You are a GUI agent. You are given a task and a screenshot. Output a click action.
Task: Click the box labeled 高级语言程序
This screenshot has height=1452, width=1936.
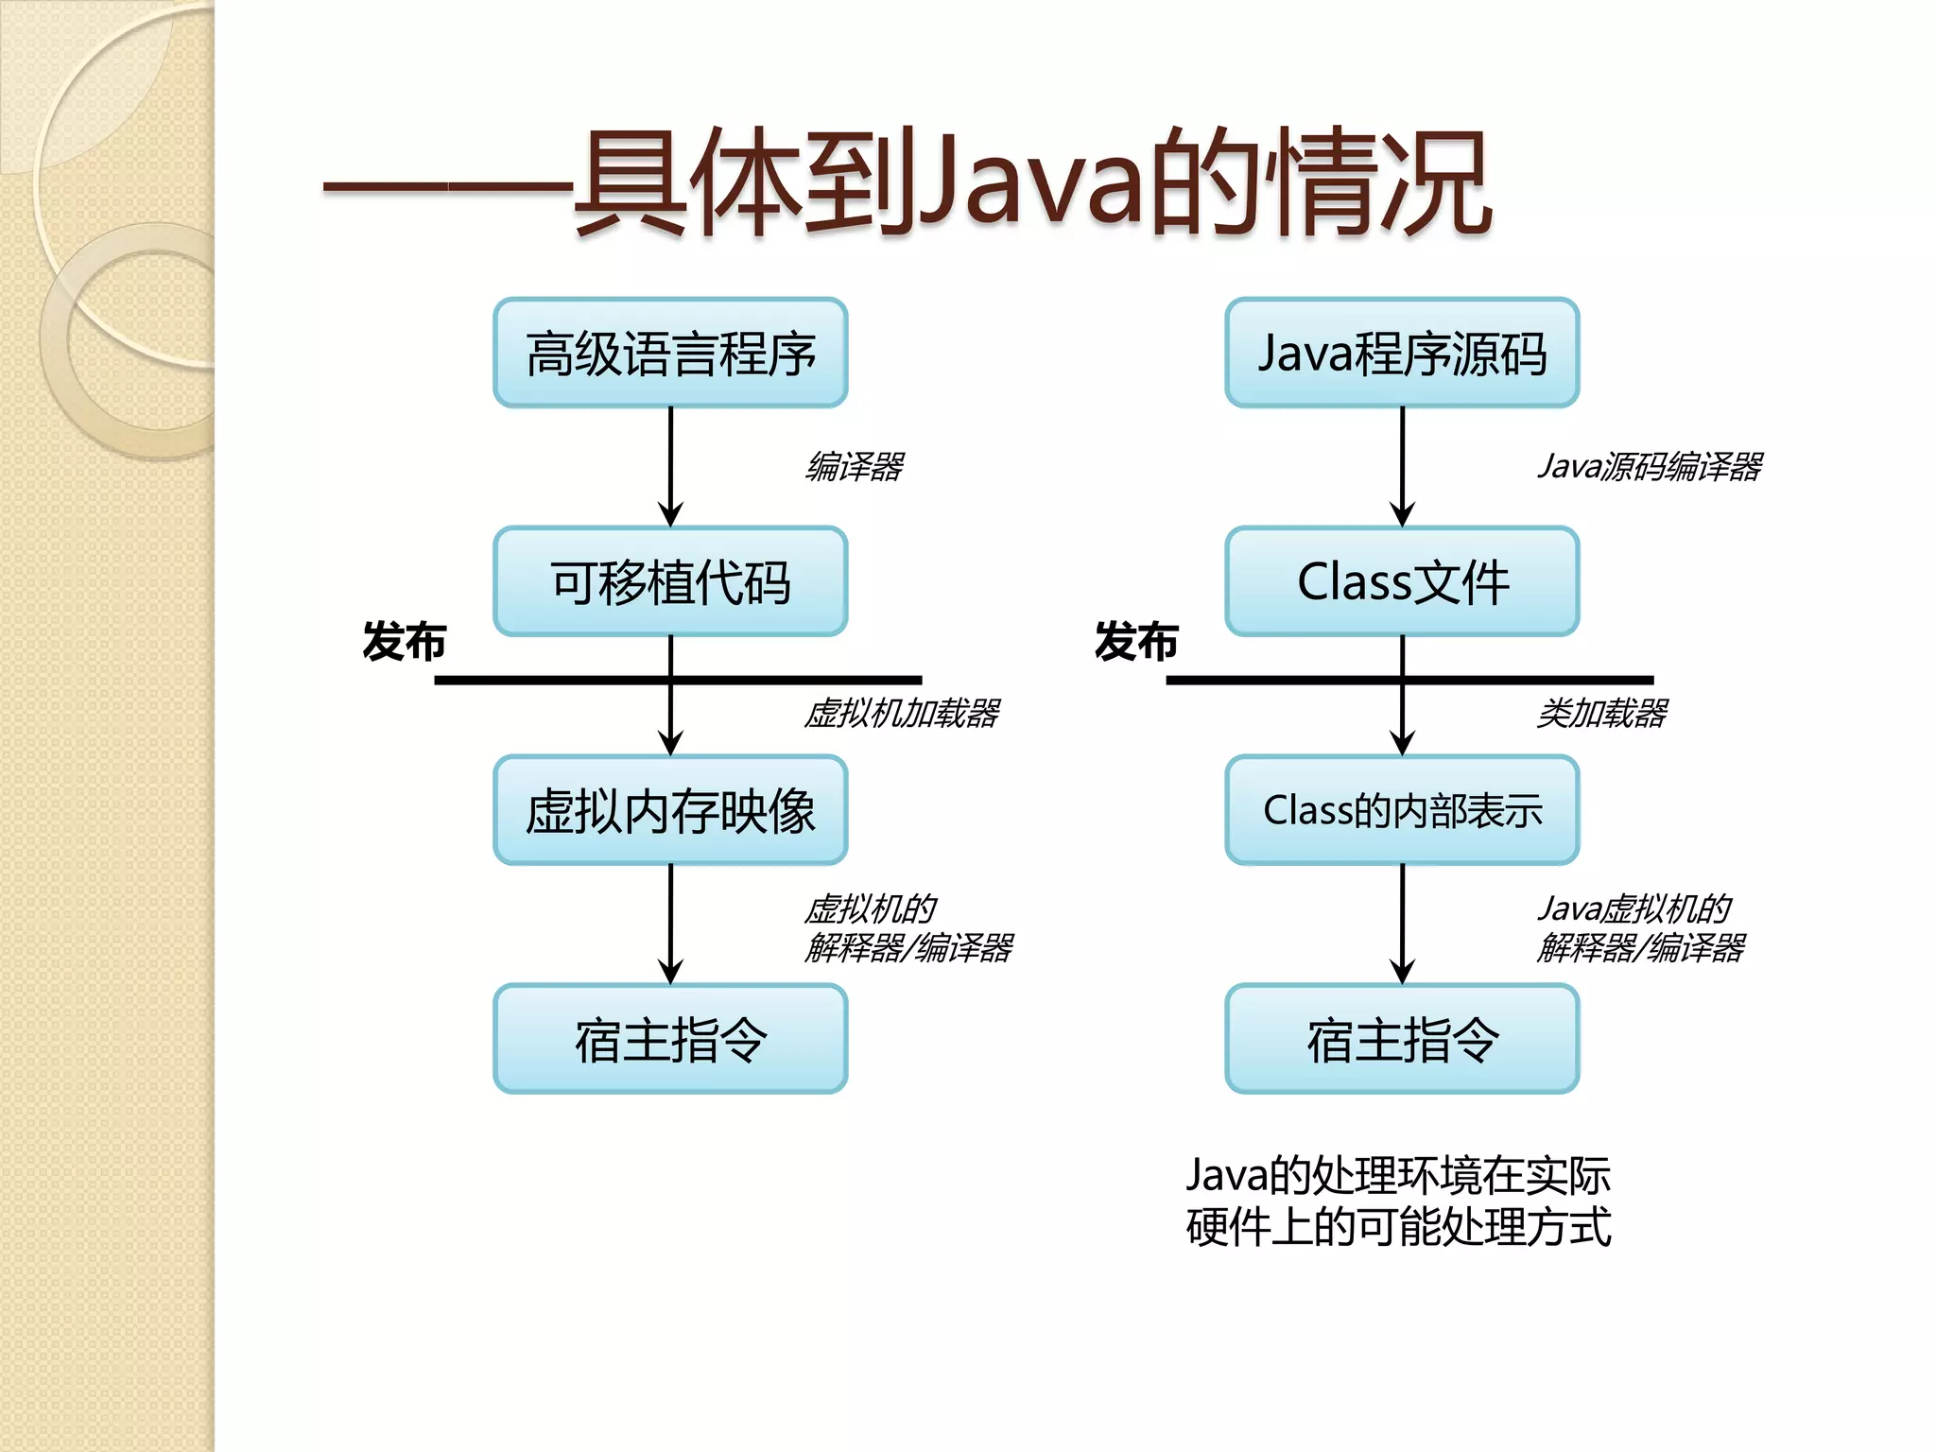[670, 354]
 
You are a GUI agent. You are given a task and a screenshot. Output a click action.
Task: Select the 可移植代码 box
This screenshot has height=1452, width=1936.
[670, 581]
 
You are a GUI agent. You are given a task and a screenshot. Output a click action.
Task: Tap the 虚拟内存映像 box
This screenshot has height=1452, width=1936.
[670, 810]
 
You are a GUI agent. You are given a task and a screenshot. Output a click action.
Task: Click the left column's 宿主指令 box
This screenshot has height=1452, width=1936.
[670, 1039]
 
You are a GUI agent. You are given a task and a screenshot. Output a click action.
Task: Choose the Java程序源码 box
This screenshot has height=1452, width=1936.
[1402, 354]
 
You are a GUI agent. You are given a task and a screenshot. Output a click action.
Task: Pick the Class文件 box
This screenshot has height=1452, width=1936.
[1402, 581]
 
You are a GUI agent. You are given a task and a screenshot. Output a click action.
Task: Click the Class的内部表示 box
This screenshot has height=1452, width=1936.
[1402, 810]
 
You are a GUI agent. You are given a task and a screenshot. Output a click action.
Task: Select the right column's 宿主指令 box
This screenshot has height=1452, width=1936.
[1402, 1039]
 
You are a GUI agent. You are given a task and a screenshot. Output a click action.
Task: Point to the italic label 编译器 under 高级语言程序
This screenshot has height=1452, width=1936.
[855, 466]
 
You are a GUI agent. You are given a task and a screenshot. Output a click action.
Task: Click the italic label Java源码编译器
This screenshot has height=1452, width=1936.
[1650, 466]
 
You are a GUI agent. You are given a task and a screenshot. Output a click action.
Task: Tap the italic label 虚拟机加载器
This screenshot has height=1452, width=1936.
[902, 713]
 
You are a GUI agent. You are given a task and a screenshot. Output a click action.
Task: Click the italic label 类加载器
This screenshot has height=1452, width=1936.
[1602, 713]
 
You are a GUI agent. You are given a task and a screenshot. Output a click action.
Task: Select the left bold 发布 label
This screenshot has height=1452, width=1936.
[404, 642]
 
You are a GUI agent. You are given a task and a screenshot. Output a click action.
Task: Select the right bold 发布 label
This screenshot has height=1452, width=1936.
[1136, 642]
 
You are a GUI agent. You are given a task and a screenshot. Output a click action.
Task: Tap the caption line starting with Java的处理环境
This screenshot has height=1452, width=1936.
[1398, 1175]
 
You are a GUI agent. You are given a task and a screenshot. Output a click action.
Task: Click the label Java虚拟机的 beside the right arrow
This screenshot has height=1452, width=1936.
[1634, 908]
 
